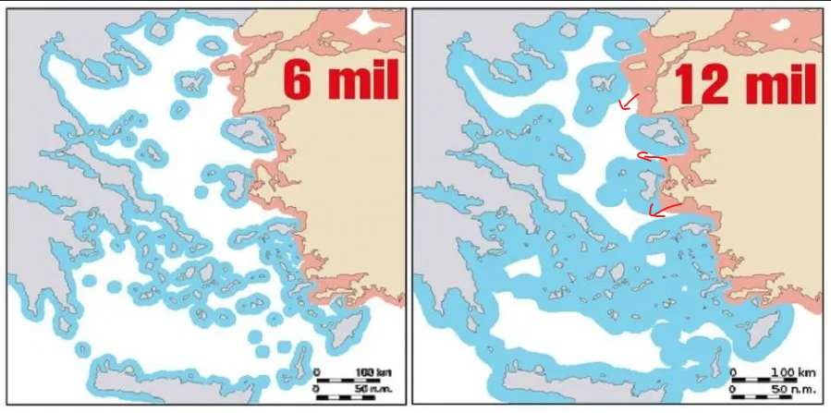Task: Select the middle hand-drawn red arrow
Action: click(x=651, y=158)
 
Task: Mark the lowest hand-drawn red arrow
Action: click(x=665, y=208)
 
